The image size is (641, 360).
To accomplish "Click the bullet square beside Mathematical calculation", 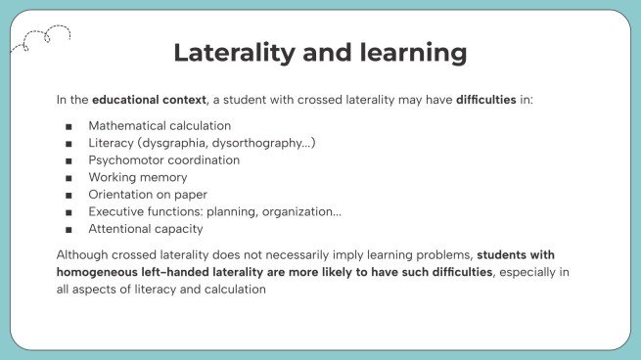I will (68, 126).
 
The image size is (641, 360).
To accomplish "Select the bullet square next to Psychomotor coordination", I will (68, 160).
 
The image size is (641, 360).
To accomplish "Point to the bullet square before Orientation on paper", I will (68, 195).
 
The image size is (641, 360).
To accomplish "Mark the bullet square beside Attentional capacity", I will (68, 229).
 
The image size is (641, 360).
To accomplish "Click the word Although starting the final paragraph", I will (85, 254).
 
